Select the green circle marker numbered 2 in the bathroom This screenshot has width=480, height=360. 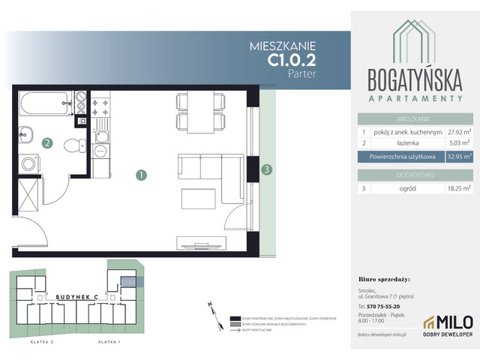tap(47, 142)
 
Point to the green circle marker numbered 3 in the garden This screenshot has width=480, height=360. tap(267, 170)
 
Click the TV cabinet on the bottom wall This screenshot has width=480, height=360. tap(200, 242)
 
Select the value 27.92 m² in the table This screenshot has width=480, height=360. tap(457, 130)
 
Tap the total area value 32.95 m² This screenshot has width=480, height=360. tap(457, 157)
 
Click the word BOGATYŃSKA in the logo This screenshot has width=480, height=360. tap(413, 78)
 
